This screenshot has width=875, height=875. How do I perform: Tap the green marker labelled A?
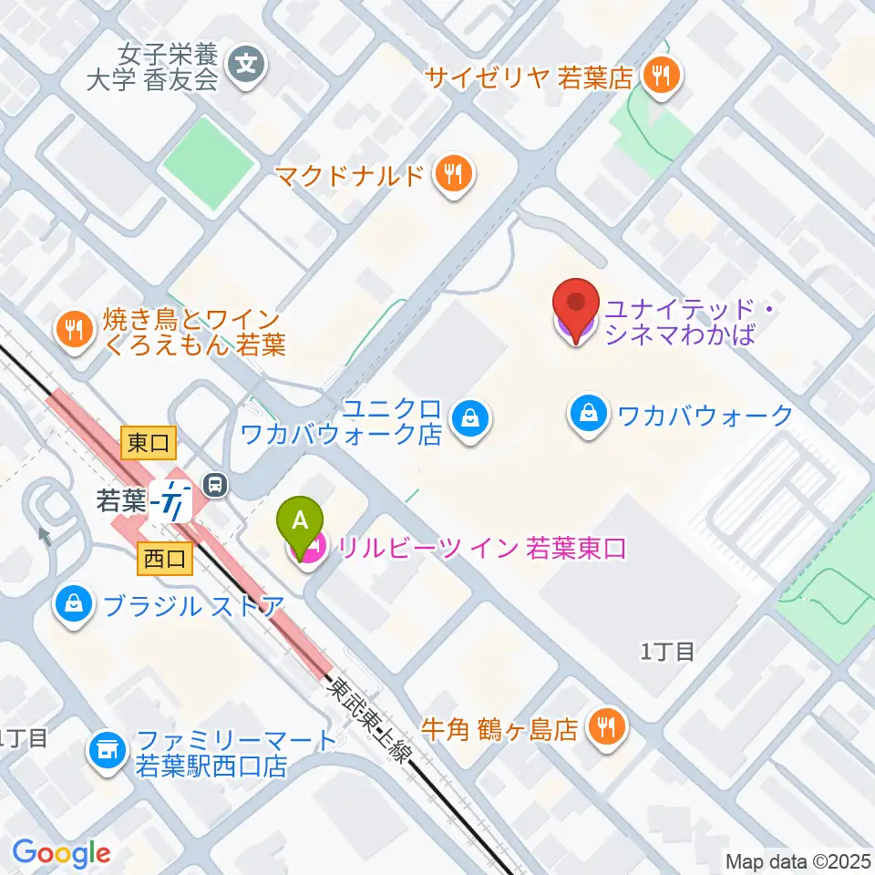pyautogui.click(x=304, y=522)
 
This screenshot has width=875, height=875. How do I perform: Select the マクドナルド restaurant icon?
pyautogui.click(x=453, y=173)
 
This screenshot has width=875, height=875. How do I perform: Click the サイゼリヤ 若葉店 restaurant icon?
pyautogui.click(x=661, y=76)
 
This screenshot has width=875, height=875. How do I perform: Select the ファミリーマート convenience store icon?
pyautogui.click(x=108, y=752)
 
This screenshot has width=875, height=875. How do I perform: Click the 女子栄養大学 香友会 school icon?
pyautogui.click(x=248, y=67)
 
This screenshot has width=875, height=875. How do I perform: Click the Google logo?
pyautogui.click(x=61, y=854)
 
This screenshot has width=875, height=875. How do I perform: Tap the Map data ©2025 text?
pyautogui.click(x=797, y=860)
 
